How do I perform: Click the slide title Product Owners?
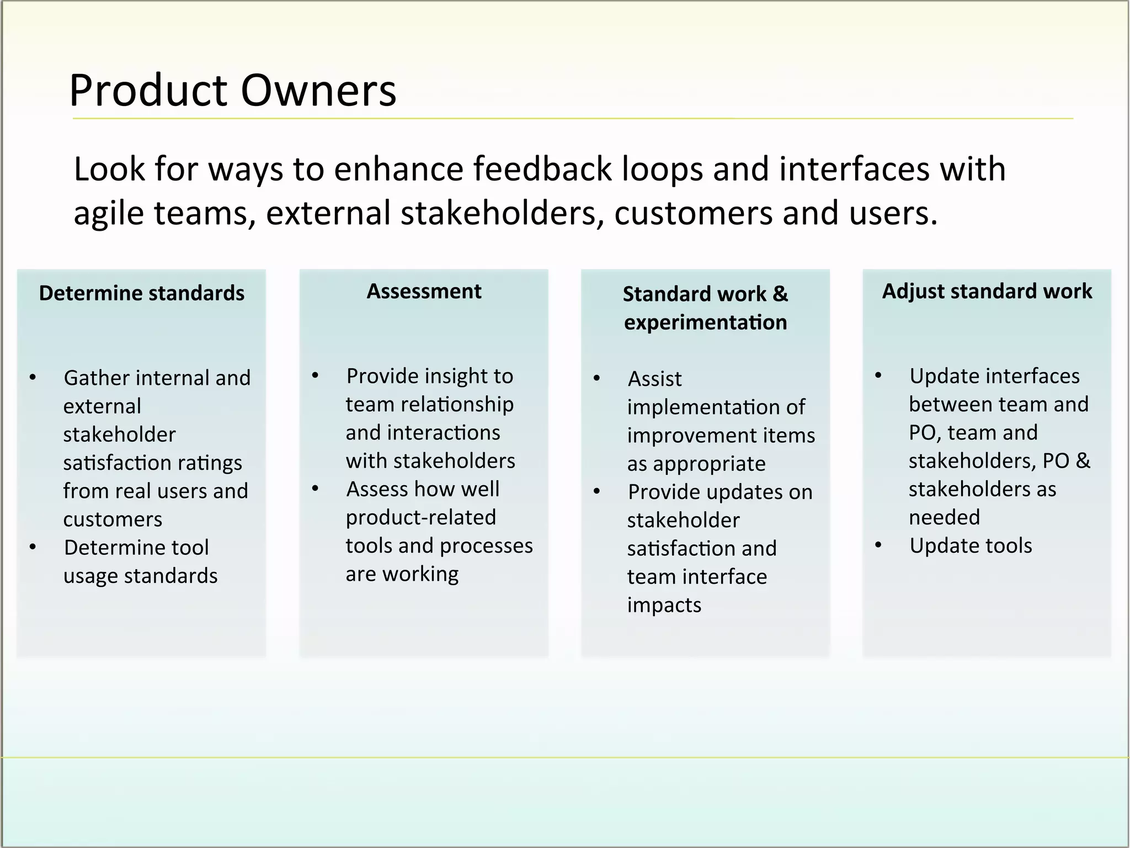(232, 91)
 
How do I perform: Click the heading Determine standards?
(141, 293)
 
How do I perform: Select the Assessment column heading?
(424, 291)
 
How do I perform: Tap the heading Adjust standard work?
(987, 291)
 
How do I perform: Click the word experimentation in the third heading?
(705, 322)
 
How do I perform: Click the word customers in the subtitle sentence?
(693, 214)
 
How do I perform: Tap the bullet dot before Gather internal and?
(33, 378)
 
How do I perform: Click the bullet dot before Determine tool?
(33, 548)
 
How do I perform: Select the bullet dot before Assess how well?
(315, 489)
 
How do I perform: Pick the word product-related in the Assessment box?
(420, 518)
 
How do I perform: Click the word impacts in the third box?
(664, 606)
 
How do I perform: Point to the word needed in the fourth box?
(944, 518)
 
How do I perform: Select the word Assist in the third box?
(654, 379)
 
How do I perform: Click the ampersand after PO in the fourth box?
(1083, 461)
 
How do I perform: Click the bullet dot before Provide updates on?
(596, 492)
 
